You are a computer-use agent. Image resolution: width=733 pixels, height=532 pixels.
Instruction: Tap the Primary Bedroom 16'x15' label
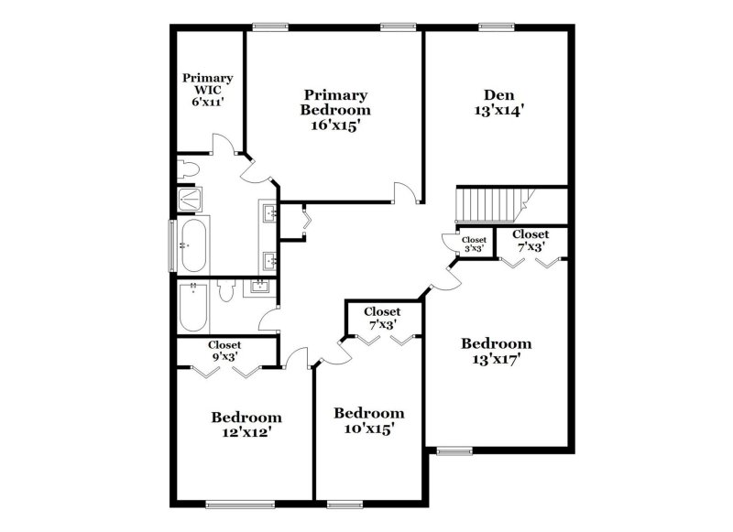tap(335, 110)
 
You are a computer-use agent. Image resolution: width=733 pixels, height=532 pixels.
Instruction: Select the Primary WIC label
tap(207, 90)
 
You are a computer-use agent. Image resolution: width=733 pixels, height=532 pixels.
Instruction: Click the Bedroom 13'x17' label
tap(496, 352)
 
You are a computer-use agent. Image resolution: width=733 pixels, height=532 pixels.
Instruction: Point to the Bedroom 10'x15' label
tap(368, 420)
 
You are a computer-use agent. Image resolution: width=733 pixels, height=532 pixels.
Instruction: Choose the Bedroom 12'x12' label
tap(246, 425)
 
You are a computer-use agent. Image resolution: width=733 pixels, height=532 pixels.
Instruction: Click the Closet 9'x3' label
tap(224, 351)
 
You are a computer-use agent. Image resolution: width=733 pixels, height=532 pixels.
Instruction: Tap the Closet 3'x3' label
tap(475, 244)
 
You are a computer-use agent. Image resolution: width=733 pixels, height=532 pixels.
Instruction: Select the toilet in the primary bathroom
tap(189, 169)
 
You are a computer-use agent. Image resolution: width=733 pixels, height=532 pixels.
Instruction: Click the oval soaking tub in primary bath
tap(192, 244)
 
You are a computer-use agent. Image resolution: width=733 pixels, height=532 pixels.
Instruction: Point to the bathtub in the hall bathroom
tap(193, 307)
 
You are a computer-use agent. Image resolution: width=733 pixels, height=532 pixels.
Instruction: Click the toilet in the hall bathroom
tap(227, 291)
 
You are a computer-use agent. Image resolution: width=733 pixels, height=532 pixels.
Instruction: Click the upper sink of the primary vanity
tap(270, 214)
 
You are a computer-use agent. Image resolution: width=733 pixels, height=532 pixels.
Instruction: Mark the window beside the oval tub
tap(170, 245)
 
